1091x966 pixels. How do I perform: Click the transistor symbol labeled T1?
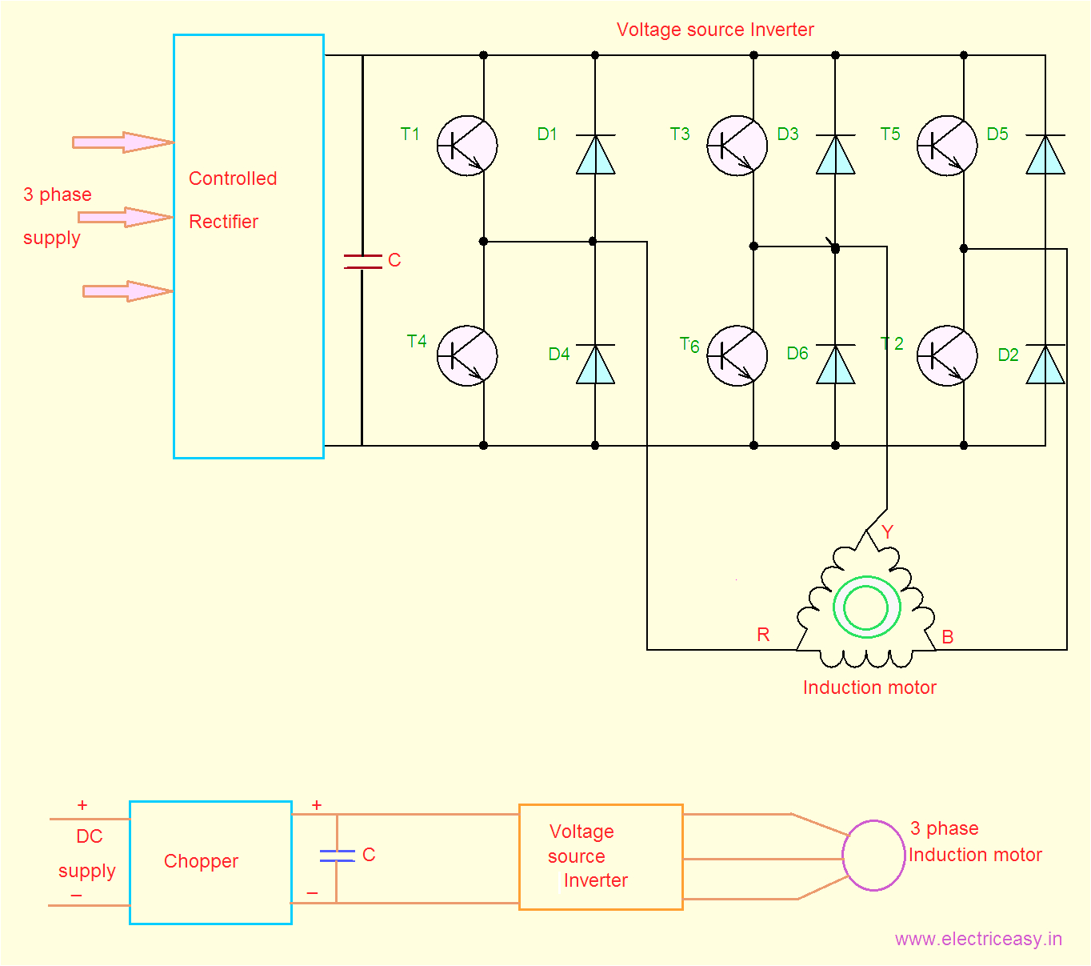(x=467, y=146)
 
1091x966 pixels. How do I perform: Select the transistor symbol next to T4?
(x=467, y=355)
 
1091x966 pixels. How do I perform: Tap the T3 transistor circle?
(x=737, y=146)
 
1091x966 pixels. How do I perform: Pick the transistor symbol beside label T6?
(x=737, y=355)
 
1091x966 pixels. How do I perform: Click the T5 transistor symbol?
(x=946, y=146)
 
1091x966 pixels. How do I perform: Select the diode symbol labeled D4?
(x=595, y=364)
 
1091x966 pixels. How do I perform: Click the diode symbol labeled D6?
(x=835, y=364)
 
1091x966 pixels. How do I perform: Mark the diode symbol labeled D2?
(x=1045, y=364)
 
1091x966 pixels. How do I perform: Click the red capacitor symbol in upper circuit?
(x=362, y=261)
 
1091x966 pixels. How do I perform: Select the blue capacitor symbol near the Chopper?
(x=337, y=856)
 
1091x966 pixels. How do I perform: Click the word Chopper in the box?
(x=201, y=861)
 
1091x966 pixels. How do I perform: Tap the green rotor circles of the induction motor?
(x=866, y=607)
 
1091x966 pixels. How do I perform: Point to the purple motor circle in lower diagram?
(x=873, y=856)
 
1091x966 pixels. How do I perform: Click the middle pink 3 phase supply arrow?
(x=125, y=217)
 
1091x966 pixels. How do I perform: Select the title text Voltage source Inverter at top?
(x=715, y=30)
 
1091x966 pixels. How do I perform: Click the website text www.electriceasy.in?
(x=978, y=939)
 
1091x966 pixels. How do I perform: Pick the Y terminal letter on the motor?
(x=887, y=531)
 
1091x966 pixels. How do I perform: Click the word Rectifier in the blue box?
(x=223, y=222)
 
